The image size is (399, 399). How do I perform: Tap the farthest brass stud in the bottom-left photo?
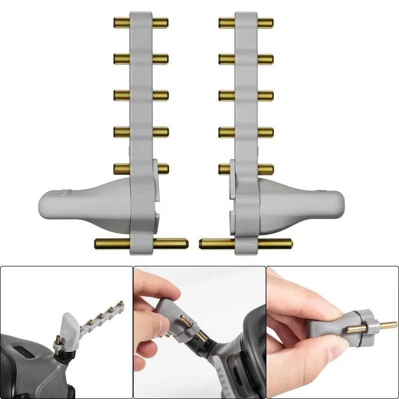point(121,302)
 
